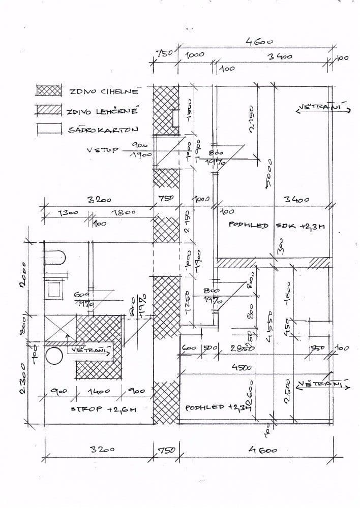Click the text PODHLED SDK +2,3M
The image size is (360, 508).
(276, 226)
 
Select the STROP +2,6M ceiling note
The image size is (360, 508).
(105, 408)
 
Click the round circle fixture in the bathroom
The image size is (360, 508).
(54, 358)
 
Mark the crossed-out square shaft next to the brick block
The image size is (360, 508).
(57, 327)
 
